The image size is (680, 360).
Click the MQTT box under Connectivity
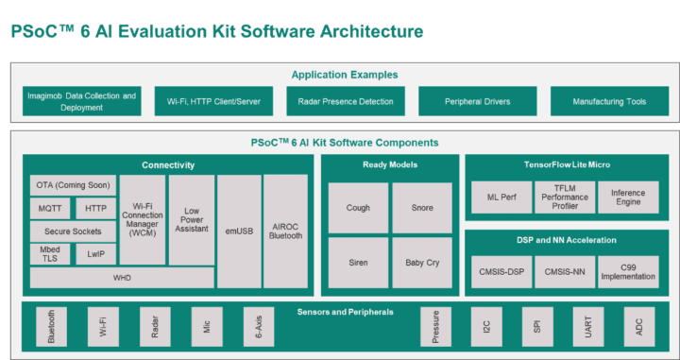point(49,208)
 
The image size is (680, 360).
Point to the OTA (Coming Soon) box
point(72,184)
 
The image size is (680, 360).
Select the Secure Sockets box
point(72,231)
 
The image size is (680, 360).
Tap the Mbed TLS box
point(49,254)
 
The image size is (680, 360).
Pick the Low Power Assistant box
point(192,219)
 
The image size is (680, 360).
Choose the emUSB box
point(239,231)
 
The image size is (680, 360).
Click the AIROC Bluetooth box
point(285,231)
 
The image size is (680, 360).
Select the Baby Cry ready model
point(421,263)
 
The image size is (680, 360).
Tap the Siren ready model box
point(358,263)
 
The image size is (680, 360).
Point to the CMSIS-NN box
point(565,271)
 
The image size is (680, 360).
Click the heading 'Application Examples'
point(344,75)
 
